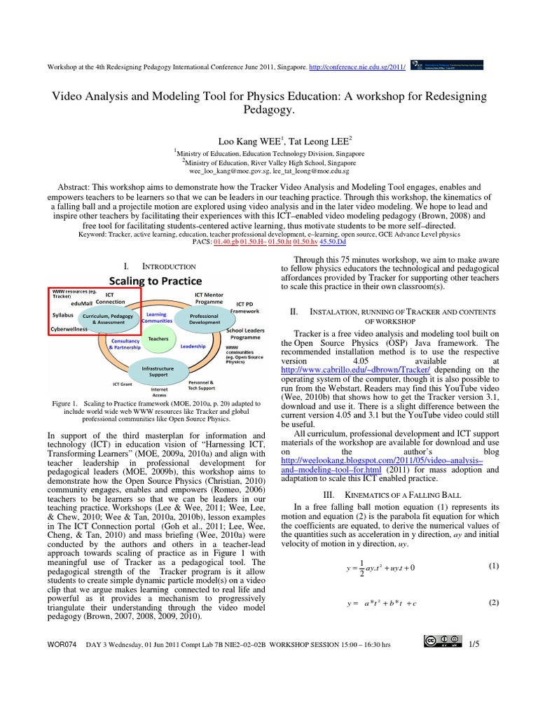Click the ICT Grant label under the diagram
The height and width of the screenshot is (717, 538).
(x=123, y=384)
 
